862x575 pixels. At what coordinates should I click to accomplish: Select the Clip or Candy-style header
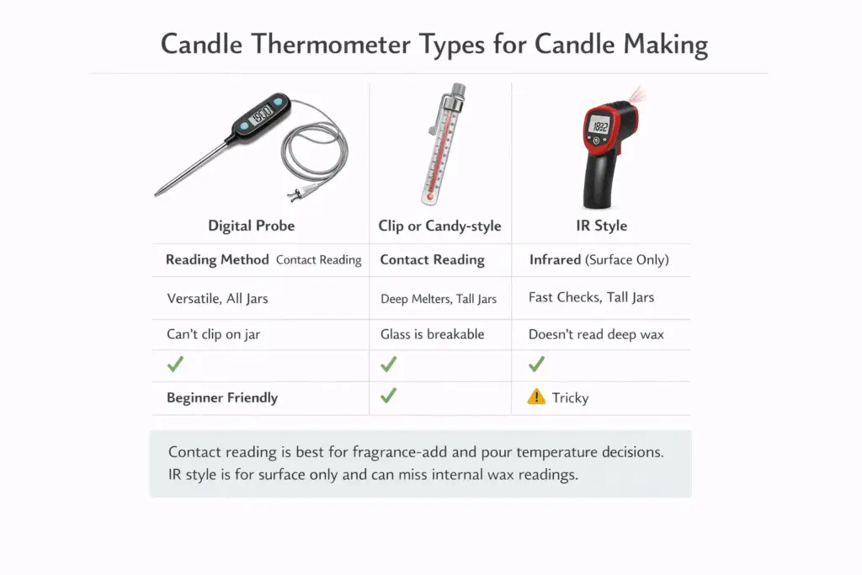pos(439,226)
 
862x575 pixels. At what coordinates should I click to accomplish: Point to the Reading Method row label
pos(217,260)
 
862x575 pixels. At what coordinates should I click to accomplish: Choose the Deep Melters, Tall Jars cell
pos(438,298)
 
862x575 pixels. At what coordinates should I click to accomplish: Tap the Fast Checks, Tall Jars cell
pos(591,297)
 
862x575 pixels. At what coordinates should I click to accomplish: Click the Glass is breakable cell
pos(432,334)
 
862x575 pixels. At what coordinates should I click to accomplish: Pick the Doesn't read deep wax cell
pos(596,334)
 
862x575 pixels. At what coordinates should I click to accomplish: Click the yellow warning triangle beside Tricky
pos(536,397)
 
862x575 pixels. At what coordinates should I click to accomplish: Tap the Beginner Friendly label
pos(222,397)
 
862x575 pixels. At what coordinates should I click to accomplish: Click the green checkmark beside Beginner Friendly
pos(388,396)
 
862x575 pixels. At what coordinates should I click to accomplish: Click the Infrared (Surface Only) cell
pos(599,260)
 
